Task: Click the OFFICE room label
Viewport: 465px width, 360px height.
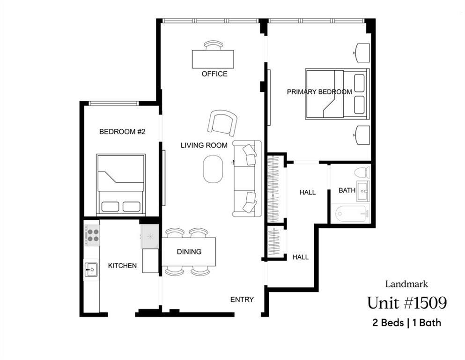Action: [214, 74]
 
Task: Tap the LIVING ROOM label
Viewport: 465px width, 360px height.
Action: [204, 145]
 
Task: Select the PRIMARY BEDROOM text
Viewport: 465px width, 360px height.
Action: [319, 92]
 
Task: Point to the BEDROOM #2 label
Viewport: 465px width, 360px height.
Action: [122, 132]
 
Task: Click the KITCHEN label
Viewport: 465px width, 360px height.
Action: [122, 266]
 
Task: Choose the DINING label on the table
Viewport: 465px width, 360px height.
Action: [189, 252]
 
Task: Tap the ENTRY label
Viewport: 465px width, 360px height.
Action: [242, 300]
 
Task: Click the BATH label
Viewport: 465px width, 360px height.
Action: [347, 190]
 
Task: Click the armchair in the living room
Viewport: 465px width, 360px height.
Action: [222, 123]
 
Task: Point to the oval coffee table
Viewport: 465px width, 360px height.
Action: [213, 169]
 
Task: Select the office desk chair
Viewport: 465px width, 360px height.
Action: [214, 45]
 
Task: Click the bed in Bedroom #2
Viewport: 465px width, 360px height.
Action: [121, 185]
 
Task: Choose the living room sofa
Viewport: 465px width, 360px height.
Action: [246, 179]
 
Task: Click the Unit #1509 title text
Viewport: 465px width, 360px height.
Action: [406, 303]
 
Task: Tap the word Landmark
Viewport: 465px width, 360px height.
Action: [406, 284]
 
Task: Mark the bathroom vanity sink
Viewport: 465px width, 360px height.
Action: [364, 191]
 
